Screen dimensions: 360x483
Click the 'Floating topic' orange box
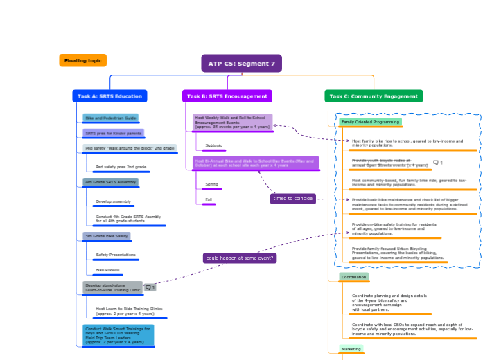[83, 61]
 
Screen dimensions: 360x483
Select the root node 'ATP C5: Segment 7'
[241, 64]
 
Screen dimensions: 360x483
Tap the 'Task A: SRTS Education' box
[109, 96]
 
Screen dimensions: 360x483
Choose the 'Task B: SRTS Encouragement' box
[227, 96]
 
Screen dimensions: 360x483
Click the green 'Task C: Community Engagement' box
[374, 96]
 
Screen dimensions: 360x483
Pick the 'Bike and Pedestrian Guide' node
[111, 118]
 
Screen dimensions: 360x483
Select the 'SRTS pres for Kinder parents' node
[113, 133]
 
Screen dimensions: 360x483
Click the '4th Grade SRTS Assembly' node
[111, 182]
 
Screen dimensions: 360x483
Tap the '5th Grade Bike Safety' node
[107, 236]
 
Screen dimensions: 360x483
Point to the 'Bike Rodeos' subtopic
[107, 270]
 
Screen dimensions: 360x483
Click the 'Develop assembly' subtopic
[113, 202]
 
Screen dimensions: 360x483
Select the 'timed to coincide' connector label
[293, 199]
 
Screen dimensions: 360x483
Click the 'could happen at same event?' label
[240, 258]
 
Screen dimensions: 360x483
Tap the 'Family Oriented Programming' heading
[370, 122]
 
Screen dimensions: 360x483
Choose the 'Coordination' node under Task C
[353, 277]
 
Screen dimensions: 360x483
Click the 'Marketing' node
[351, 349]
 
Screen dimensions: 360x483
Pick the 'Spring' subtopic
[211, 185]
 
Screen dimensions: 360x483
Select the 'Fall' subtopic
[209, 199]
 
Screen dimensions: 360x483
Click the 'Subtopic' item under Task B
[213, 145]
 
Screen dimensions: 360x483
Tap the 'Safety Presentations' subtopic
[116, 255]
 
